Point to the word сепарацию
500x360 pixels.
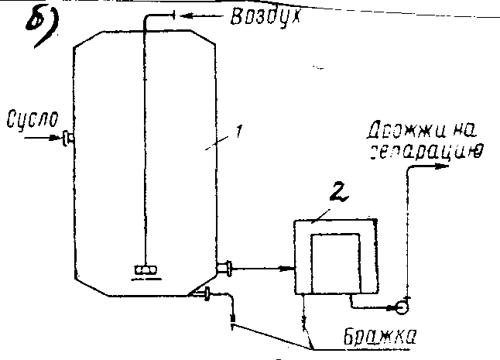coord(423,149)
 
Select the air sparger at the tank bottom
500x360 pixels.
coord(145,270)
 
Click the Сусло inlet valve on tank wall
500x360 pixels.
coord(67,139)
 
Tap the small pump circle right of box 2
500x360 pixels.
coord(403,306)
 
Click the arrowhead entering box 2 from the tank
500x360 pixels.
coord(290,269)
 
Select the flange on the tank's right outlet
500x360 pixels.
coord(226,269)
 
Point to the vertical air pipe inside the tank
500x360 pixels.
coord(146,139)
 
